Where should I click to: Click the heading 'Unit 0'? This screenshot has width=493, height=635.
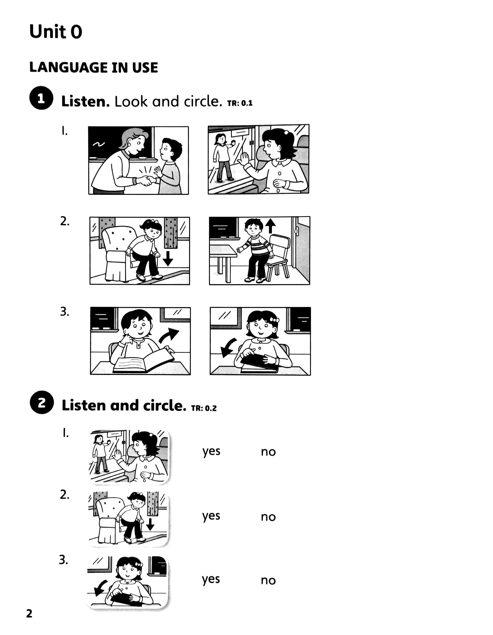[x=55, y=31]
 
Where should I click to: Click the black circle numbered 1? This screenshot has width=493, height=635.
[x=41, y=98]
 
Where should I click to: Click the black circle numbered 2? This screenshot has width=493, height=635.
[x=42, y=402]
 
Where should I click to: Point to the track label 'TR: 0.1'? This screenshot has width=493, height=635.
[x=240, y=103]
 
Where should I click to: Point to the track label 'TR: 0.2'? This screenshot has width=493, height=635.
[x=204, y=408]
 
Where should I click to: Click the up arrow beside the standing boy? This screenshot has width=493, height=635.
[x=271, y=226]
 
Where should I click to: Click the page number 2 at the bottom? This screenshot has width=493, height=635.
[x=29, y=614]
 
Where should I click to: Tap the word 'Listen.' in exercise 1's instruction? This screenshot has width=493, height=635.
[x=85, y=102]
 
